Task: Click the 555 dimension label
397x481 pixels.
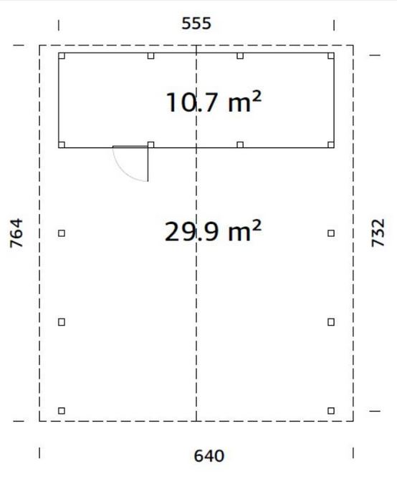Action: [x=196, y=24]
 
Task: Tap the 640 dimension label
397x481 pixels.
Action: [x=209, y=456]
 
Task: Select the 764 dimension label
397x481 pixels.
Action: [x=16, y=233]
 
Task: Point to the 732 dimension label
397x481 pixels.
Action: [x=378, y=233]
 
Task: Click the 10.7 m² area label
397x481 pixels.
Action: [x=214, y=102]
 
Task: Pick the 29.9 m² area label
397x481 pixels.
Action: [x=213, y=230]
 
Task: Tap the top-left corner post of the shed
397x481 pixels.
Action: [x=62, y=56]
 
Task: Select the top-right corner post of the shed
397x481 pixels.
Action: [x=330, y=56]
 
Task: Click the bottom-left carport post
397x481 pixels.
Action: [x=62, y=410]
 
